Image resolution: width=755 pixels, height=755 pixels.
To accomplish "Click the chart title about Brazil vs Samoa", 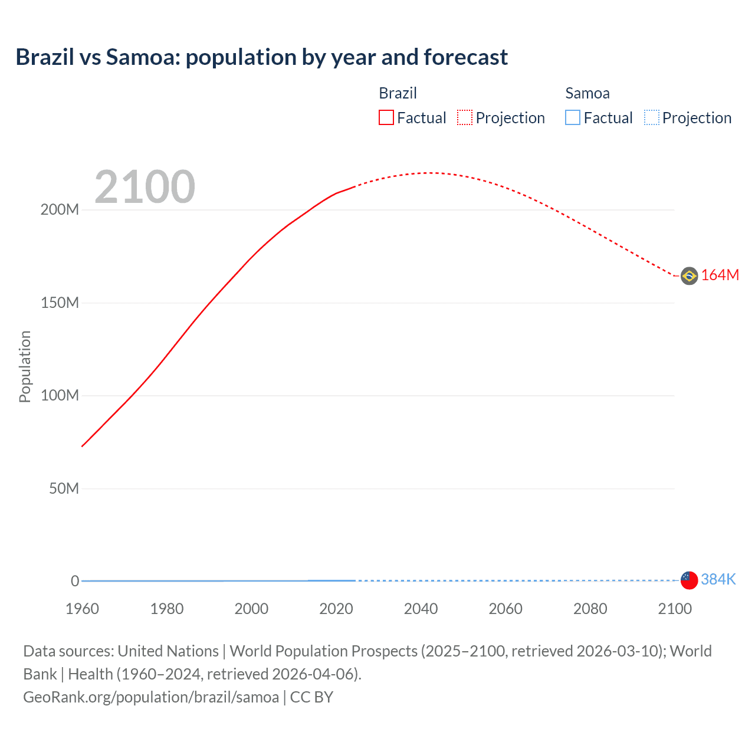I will coord(261,57).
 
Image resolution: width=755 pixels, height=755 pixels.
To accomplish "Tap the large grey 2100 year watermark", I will coord(145,187).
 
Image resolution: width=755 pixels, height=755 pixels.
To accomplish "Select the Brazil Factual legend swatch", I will coord(386,117).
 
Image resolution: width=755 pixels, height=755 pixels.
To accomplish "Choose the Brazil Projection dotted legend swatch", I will coord(465,117).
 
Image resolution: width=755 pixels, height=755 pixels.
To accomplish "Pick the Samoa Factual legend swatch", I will coord(572,117).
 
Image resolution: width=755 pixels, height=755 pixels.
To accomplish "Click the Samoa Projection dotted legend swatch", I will coord(651,117).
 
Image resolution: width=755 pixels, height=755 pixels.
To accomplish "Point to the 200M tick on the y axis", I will coord(60,210).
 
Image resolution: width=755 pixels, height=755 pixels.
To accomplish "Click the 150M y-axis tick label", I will coord(60,303).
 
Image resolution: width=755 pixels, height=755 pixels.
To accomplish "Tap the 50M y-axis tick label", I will coord(64,489).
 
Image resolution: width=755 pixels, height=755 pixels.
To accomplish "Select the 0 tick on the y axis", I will coord(75,582).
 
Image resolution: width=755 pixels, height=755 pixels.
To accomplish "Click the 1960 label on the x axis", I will coord(82,609).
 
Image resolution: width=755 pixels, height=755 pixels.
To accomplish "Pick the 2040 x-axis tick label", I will coord(421,609).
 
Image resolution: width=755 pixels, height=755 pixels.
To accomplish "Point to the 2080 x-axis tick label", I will coord(590,609).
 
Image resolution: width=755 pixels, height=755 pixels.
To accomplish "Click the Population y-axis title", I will coord(25,366).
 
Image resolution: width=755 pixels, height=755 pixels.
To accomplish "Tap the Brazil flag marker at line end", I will coord(689,275).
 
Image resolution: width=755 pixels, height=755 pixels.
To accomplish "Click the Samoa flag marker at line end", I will coord(689,580).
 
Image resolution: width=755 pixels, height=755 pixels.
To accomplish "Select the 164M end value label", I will coord(720,275).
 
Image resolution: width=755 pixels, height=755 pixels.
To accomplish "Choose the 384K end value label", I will coord(718,580).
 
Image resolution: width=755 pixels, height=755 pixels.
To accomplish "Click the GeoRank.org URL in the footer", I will coord(151,697).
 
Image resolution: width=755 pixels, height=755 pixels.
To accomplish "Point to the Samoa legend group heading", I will coord(587,93).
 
